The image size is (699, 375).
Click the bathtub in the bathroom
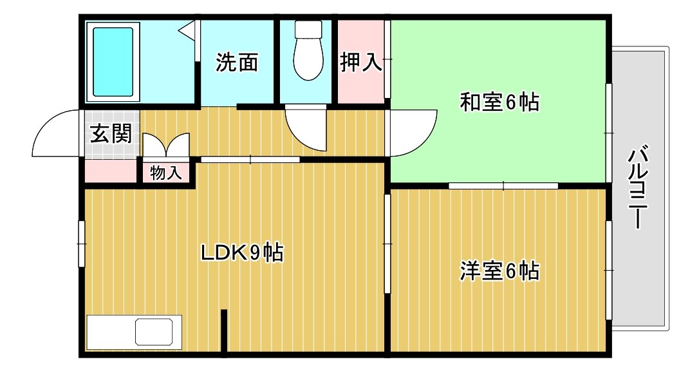tap(113, 62)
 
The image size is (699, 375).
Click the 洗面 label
tap(237, 63)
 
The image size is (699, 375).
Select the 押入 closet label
tap(361, 63)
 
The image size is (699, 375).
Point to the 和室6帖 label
tap(499, 102)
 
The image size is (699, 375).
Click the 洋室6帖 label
tap(499, 271)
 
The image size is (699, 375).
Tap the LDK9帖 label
tap(243, 253)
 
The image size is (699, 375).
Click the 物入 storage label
tap(166, 173)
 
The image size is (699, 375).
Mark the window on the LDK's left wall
tap(82, 243)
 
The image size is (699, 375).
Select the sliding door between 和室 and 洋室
tap(503, 186)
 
